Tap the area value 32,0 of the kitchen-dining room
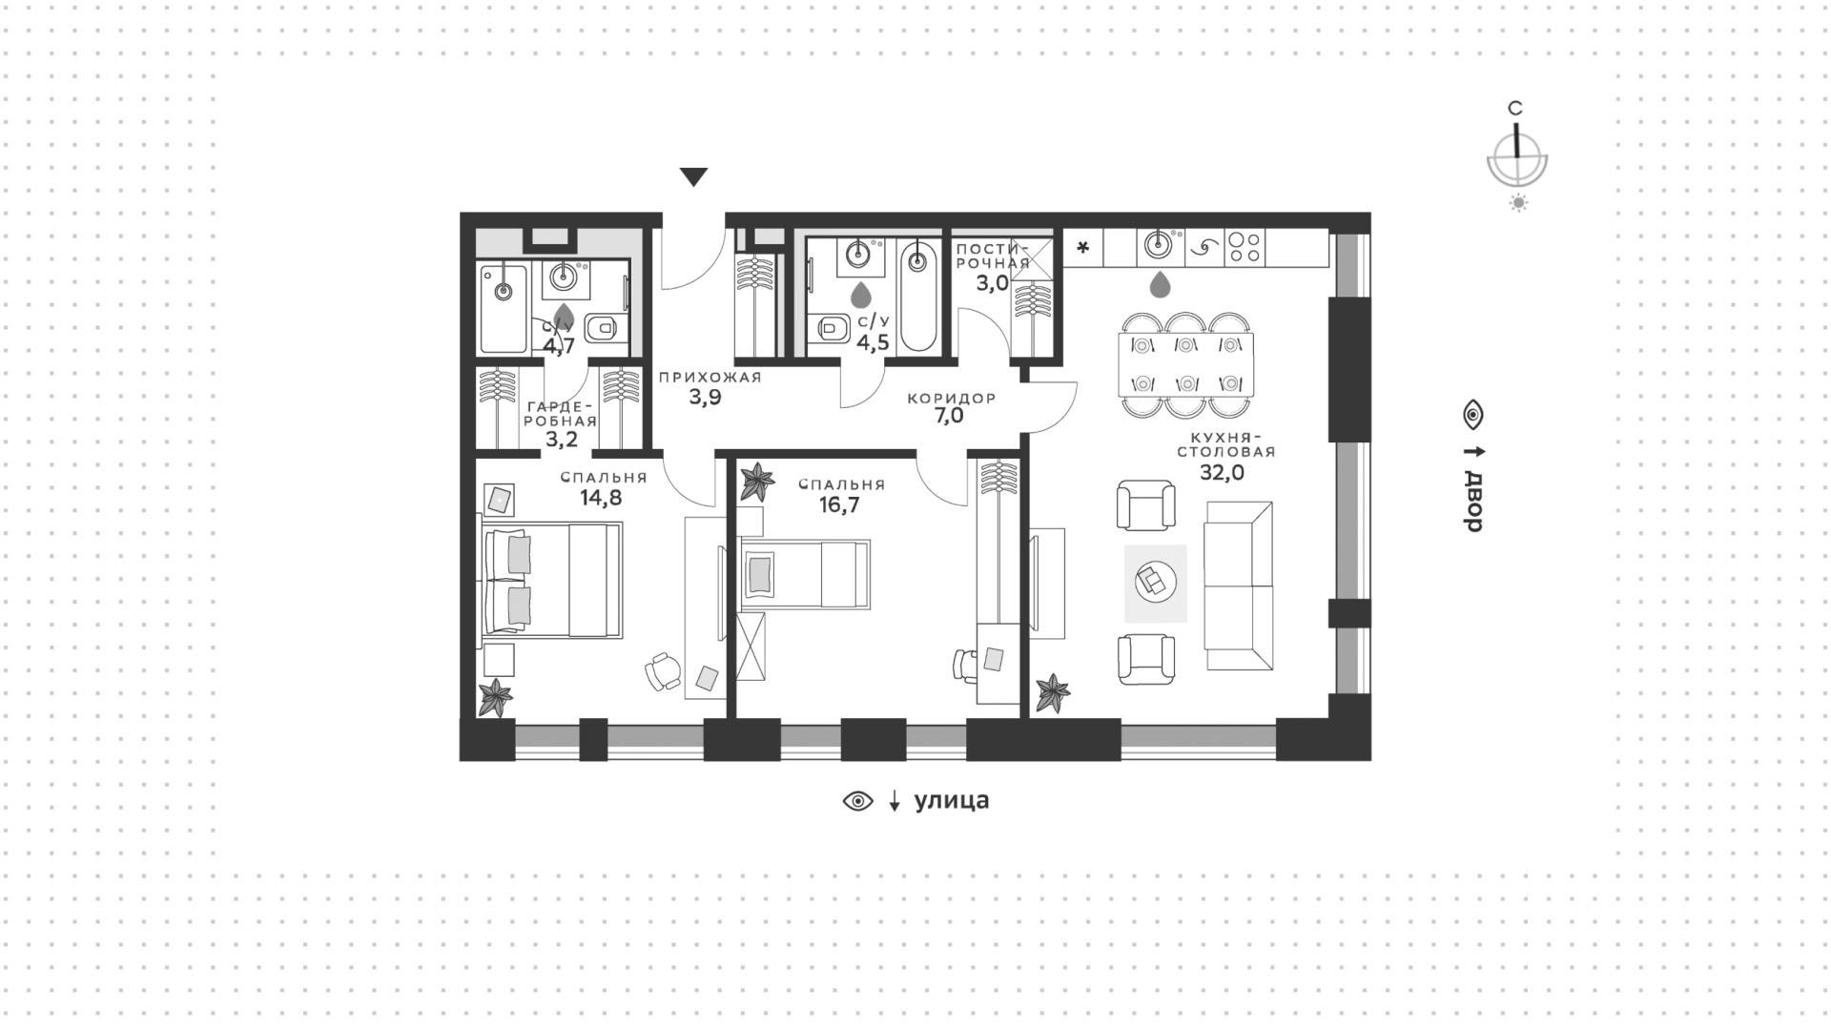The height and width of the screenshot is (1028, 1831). pyautogui.click(x=1223, y=473)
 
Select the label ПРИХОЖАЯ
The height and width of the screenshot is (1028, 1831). pyautogui.click(x=710, y=377)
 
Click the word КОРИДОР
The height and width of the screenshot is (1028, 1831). pyautogui.click(x=952, y=398)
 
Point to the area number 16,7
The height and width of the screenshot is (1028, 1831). pyautogui.click(x=839, y=504)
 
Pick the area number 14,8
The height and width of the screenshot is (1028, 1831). pyautogui.click(x=601, y=497)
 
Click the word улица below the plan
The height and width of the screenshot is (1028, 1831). pyautogui.click(x=952, y=801)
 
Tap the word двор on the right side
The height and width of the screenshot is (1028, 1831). pyautogui.click(x=1474, y=502)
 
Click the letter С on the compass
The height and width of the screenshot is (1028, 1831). pyautogui.click(x=1514, y=109)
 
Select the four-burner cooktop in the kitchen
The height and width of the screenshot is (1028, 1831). pyautogui.click(x=1244, y=248)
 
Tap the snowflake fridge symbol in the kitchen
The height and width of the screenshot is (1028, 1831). pyautogui.click(x=1082, y=249)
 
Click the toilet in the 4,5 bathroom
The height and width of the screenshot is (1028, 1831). pyautogui.click(x=832, y=328)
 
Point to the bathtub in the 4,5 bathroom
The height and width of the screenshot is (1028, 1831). pyautogui.click(x=918, y=295)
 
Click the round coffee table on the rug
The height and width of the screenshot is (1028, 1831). pyautogui.click(x=1155, y=579)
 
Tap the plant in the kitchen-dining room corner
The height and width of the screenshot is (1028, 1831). pyautogui.click(x=1053, y=693)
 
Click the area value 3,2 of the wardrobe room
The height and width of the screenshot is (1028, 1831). pyautogui.click(x=561, y=440)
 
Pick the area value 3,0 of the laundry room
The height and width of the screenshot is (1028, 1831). pyautogui.click(x=993, y=283)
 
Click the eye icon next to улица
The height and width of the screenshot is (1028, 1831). pyautogui.click(x=858, y=802)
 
